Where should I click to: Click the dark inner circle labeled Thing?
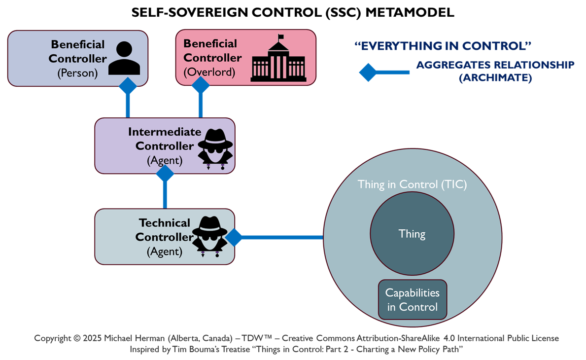pos(412,234)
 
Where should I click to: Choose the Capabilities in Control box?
pos(412,300)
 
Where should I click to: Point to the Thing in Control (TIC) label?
pos(412,185)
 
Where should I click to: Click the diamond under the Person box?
pos(128,86)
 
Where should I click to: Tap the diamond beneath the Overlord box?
pos(201,85)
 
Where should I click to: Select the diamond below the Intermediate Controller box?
pos(165,174)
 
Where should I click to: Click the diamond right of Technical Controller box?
pos(234,237)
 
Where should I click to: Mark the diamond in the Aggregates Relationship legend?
pos(368,72)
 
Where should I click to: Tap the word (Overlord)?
pos(206,72)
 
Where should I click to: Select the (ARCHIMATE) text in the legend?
pos(495,78)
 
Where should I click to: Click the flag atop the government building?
pos(281,36)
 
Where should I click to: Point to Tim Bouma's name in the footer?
pos(186,349)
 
